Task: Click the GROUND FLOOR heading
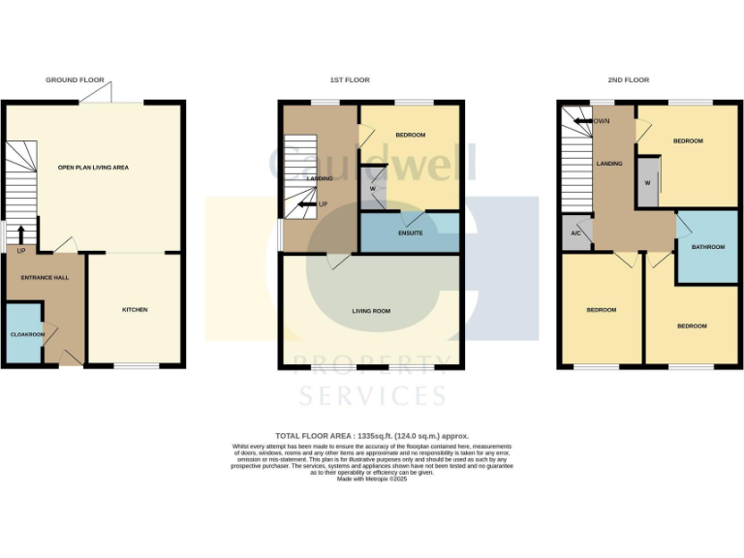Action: [x=75, y=80]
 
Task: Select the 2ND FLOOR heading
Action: [x=630, y=80]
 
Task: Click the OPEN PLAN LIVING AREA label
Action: [x=93, y=167]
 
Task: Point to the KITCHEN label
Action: [x=135, y=310]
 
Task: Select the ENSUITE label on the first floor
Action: [x=410, y=233]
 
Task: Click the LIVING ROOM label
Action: [x=371, y=311]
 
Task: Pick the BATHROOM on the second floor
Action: [x=707, y=247]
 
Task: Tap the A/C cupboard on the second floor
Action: [x=575, y=234]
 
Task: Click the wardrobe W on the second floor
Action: [x=646, y=183]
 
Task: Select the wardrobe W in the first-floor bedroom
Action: [x=371, y=176]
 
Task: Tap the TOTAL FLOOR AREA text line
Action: [x=372, y=437]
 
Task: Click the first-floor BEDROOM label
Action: [x=410, y=135]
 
